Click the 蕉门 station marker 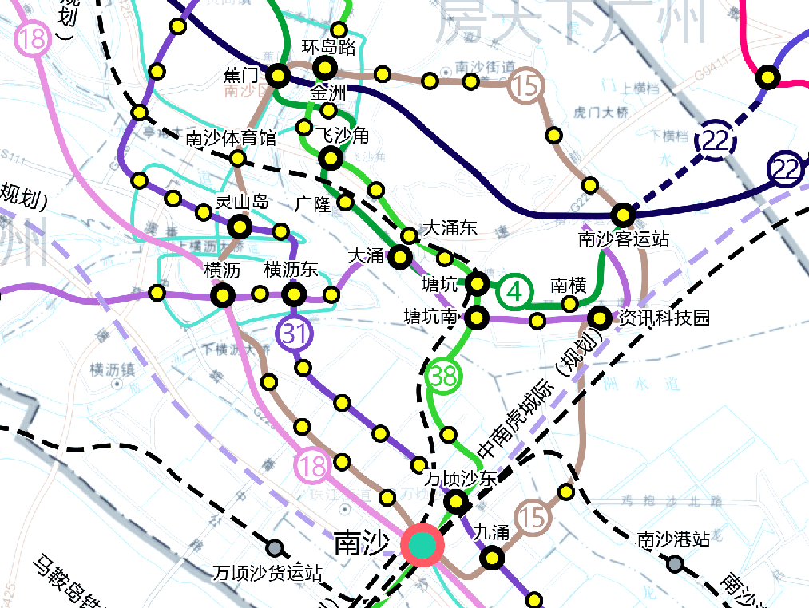(277, 76)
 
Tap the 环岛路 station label (328, 47)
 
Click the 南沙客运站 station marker (623, 215)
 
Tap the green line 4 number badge (515, 292)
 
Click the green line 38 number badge (444, 377)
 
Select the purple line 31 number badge (295, 333)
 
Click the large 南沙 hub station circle (422, 545)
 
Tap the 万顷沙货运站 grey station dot (276, 548)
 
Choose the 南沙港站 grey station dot (676, 564)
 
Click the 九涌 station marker (491, 558)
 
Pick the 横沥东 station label (291, 270)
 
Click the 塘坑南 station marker (477, 318)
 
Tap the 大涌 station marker (400, 257)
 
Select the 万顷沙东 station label (460, 479)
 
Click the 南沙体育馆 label (231, 138)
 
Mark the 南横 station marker (569, 303)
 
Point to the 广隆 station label (312, 204)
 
